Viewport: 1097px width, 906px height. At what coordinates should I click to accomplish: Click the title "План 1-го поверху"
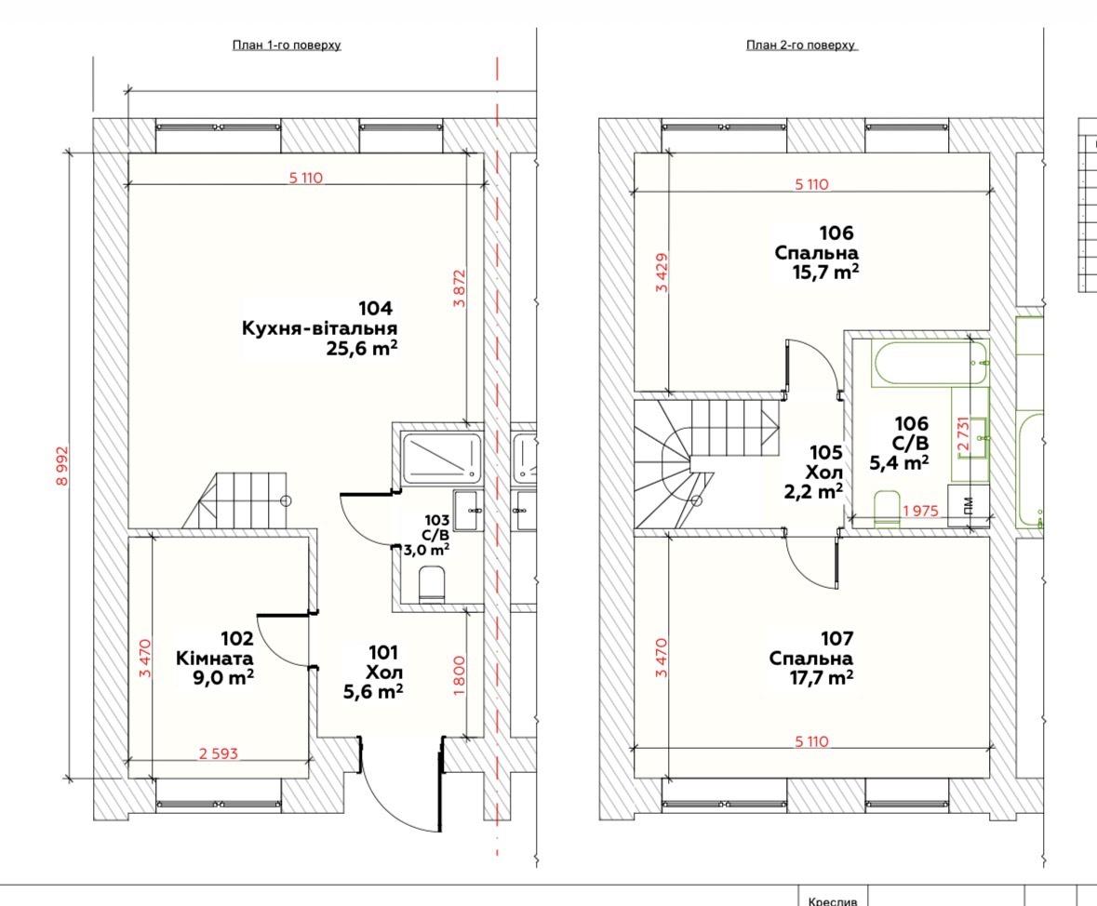pos(287,46)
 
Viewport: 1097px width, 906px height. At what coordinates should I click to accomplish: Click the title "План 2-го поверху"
pos(800,46)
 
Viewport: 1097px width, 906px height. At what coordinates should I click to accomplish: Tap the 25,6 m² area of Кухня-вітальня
pos(362,348)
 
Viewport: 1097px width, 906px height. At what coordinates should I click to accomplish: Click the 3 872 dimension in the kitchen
pos(459,288)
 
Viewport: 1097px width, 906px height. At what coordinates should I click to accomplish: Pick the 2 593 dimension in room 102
pos(219,753)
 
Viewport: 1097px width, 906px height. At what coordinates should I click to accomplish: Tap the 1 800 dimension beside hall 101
pos(459,675)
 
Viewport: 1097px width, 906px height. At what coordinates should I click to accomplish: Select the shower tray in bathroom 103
pos(441,459)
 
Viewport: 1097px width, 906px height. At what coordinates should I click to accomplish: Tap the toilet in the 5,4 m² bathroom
pos(887,509)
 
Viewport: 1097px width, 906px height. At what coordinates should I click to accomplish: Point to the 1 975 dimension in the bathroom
pos(920,511)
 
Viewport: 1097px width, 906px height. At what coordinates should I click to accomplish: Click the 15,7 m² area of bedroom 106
pos(825,272)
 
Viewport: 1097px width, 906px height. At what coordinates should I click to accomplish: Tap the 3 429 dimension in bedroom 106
pos(662,272)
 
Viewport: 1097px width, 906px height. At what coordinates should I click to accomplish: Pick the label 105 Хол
pos(825,461)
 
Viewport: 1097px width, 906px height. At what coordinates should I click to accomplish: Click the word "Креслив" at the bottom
pos(832,901)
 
